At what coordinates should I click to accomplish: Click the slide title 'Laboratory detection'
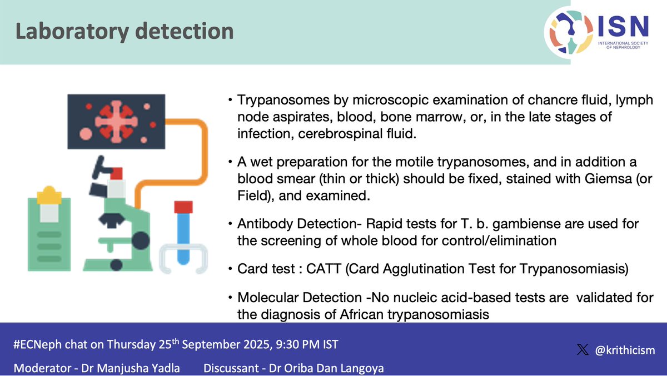125,31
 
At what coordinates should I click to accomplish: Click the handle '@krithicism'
625,350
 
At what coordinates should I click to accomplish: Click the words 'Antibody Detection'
287,224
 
